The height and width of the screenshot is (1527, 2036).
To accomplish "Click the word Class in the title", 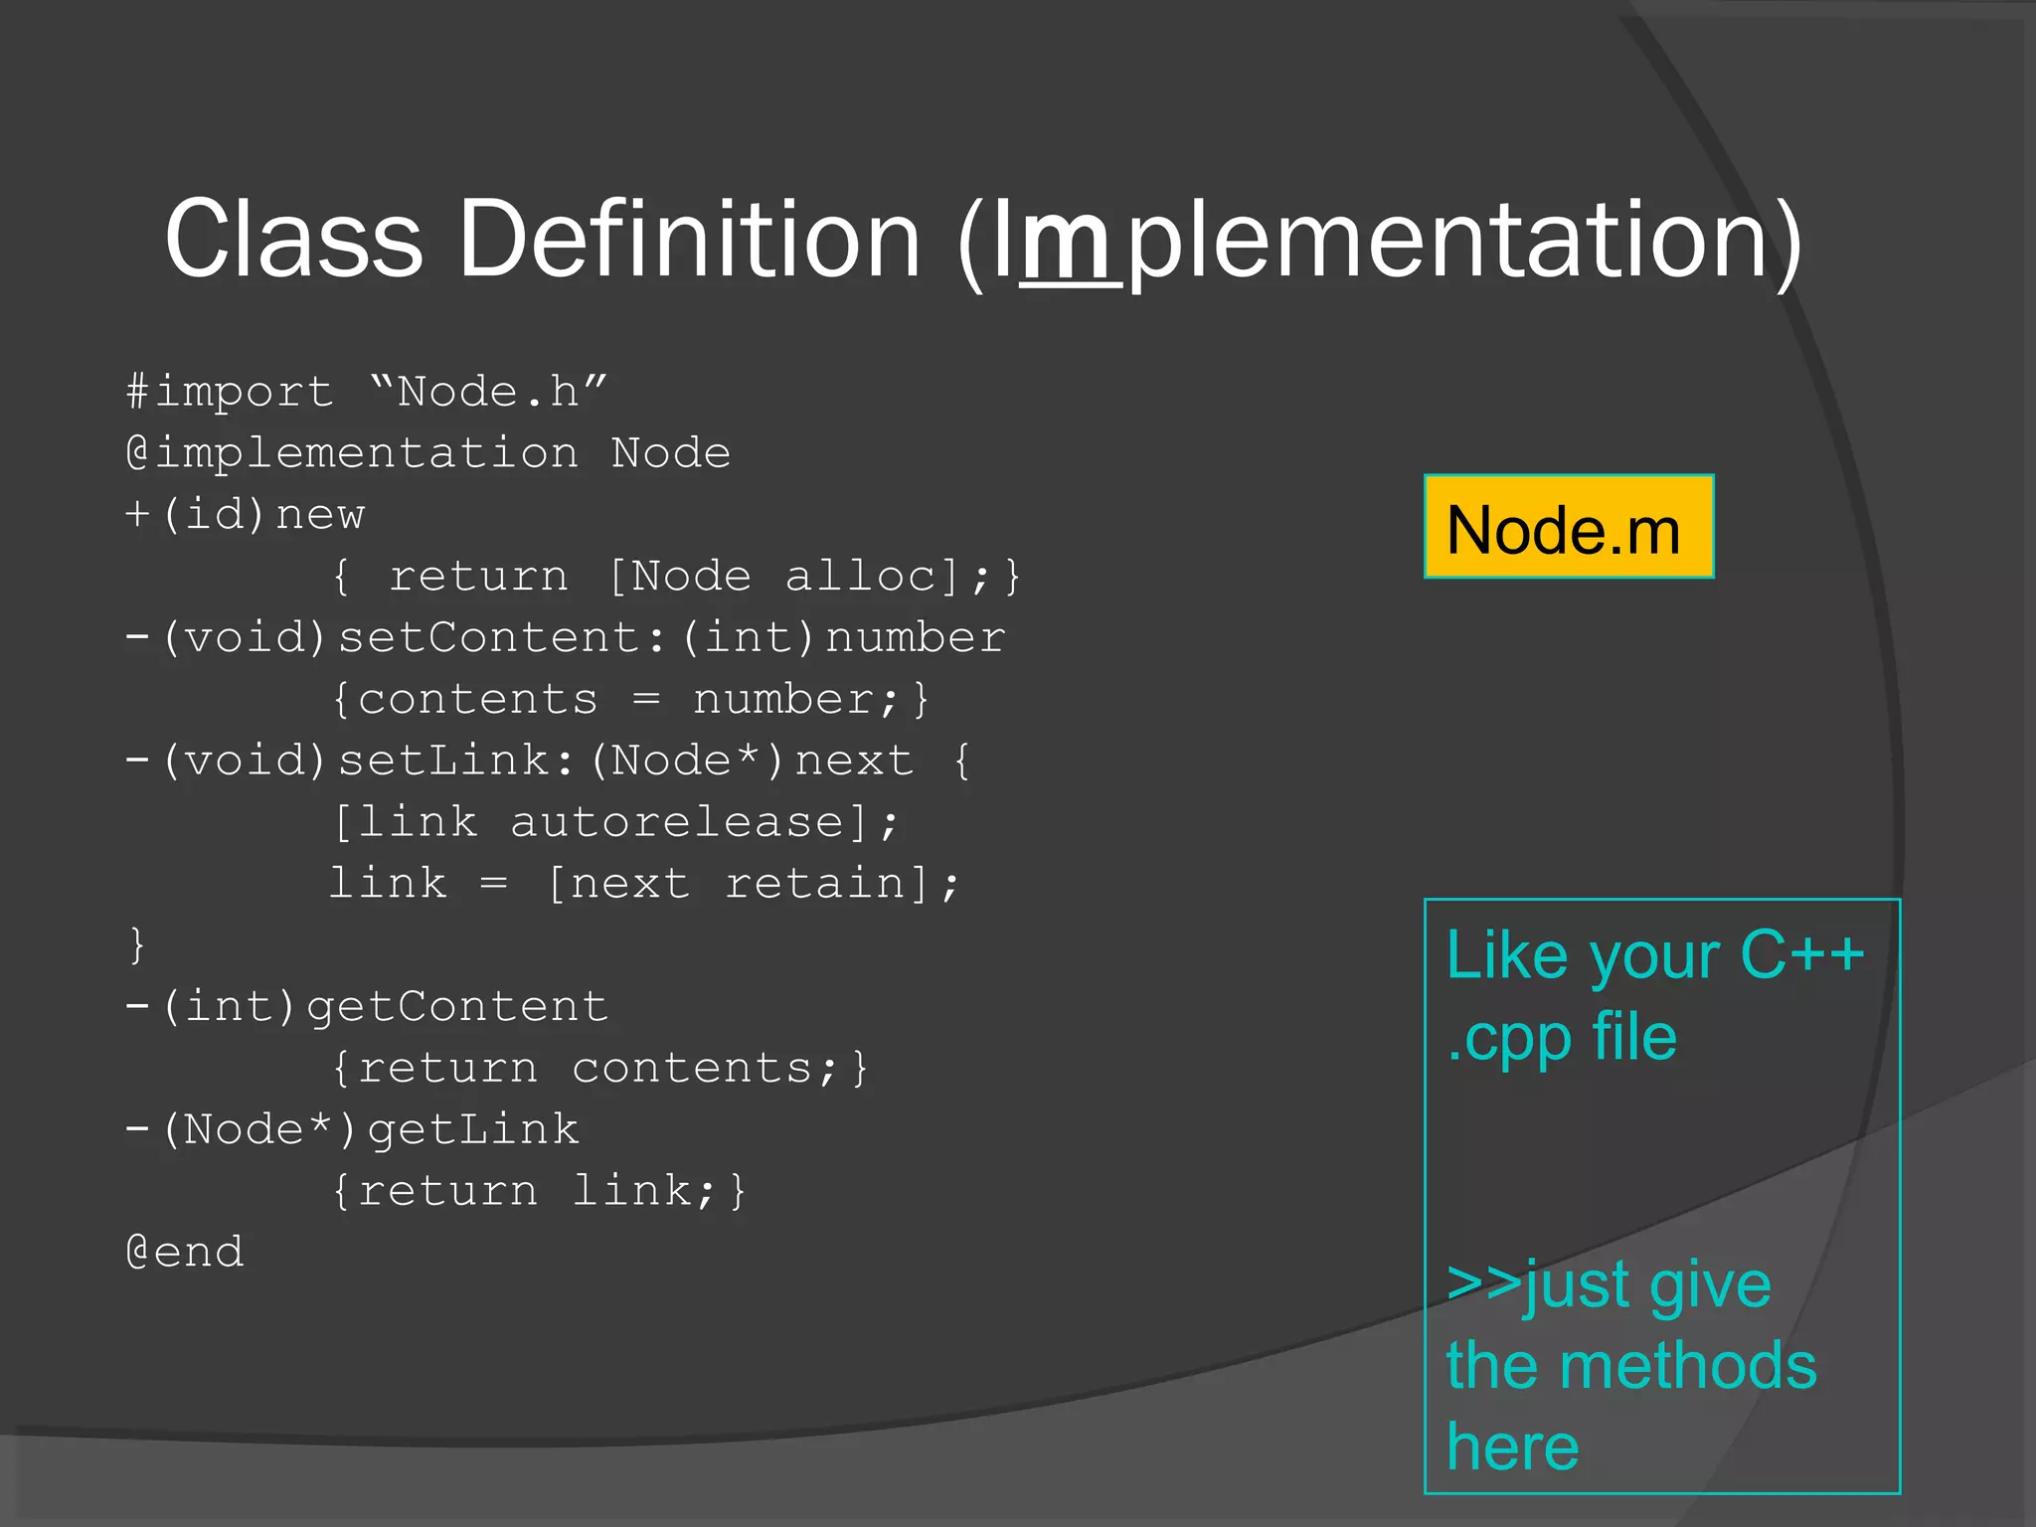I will point(294,239).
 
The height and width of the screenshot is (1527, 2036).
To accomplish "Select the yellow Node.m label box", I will point(1568,527).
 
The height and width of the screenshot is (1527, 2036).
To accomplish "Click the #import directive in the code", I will point(230,392).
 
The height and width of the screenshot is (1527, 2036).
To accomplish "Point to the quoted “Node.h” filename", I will point(487,391).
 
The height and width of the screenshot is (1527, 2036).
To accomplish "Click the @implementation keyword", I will point(352,453).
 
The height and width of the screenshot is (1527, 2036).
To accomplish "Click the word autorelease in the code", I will point(677,822).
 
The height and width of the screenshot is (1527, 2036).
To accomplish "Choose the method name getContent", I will point(456,1007).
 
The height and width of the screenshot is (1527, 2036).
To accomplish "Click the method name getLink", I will point(472,1130).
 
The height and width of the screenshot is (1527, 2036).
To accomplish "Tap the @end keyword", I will point(185,1253).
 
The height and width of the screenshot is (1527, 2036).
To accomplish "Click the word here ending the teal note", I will point(1512,1447).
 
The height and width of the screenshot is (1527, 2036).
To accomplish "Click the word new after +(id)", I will point(320,515).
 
